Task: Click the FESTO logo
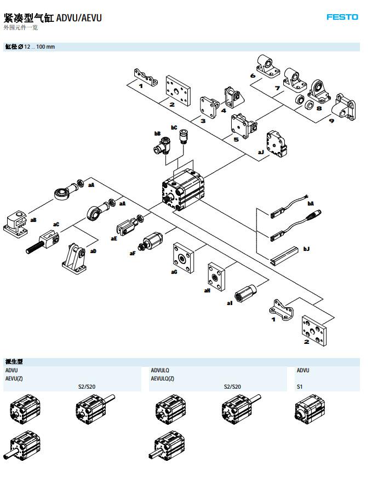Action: (x=342, y=17)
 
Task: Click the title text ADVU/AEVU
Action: (x=79, y=18)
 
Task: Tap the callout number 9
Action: (x=331, y=121)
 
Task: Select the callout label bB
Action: (x=157, y=133)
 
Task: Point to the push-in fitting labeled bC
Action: (x=185, y=136)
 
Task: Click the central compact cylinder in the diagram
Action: (x=183, y=190)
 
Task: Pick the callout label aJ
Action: (x=261, y=152)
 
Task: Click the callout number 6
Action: (x=253, y=75)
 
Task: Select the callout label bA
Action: (x=311, y=203)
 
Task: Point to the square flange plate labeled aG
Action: (x=183, y=258)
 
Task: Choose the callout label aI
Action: (x=230, y=303)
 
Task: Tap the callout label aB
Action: (x=33, y=220)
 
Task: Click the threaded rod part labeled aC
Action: (x=43, y=243)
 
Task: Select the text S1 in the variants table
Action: (x=300, y=387)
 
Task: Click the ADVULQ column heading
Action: (x=160, y=370)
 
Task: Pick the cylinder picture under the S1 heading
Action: (x=310, y=409)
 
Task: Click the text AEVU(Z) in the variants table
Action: (x=14, y=378)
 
